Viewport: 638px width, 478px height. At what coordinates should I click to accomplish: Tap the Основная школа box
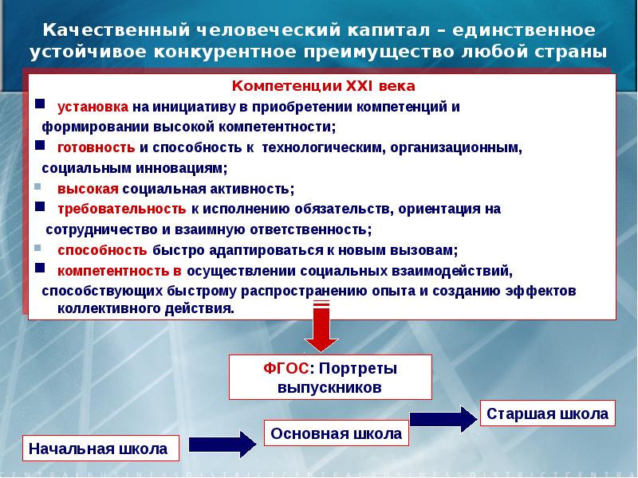pos(336,433)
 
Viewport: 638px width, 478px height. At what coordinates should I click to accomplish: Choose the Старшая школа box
pos(547,413)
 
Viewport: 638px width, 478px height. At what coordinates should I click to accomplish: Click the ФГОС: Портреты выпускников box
pos(329,378)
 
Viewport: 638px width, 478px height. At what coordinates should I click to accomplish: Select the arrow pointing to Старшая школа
pos(443,418)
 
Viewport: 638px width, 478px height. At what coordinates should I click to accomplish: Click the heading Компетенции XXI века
pos(323,86)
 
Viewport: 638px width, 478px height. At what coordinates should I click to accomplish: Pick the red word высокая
pos(87,189)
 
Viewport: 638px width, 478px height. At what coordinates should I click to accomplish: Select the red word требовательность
pos(121,210)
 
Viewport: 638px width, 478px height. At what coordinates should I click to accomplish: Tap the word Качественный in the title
pos(117,30)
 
